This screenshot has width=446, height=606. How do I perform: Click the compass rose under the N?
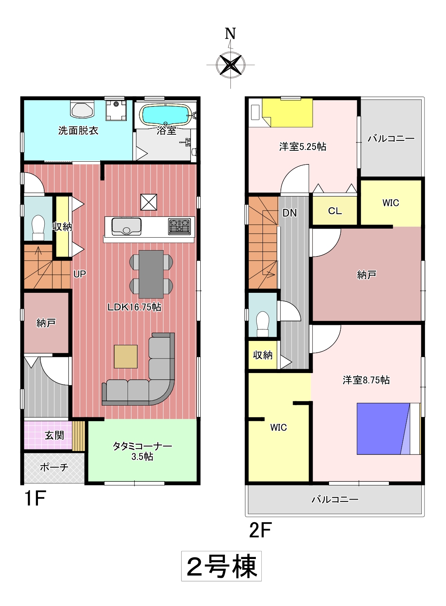(230, 65)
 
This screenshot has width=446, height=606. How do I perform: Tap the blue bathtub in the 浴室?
(167, 115)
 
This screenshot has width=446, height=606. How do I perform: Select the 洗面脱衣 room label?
(78, 131)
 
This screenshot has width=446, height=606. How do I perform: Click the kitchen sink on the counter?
(126, 226)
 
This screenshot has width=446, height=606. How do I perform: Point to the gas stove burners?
(179, 226)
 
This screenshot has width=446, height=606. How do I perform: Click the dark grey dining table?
(151, 274)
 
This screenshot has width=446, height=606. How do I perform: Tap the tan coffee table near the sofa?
(126, 356)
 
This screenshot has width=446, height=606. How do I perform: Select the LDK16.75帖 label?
(134, 307)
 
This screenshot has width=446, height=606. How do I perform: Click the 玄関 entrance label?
(54, 435)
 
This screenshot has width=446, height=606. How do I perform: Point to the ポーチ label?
(54, 467)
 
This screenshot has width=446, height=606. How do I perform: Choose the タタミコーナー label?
(142, 445)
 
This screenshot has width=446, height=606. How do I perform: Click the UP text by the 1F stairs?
(80, 274)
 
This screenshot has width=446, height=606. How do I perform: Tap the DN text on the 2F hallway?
(290, 213)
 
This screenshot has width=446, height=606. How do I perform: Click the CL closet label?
(335, 211)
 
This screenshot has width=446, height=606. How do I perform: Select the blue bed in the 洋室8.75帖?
(389, 429)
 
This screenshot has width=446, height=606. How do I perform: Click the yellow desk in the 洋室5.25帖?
(288, 112)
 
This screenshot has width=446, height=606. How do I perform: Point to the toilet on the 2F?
(263, 323)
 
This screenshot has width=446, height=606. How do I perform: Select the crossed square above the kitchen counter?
(149, 202)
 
